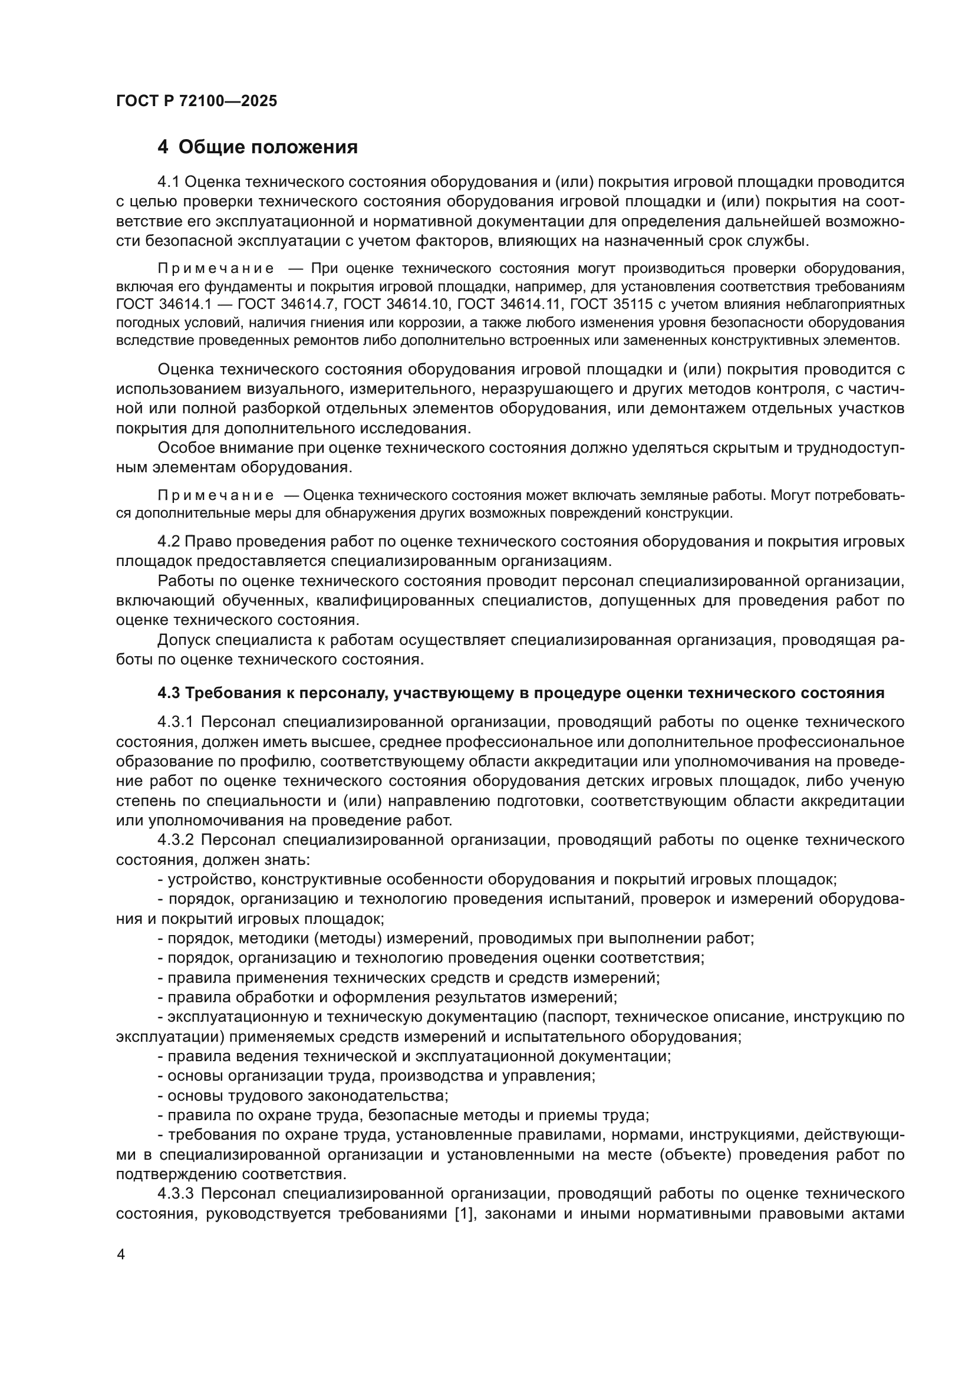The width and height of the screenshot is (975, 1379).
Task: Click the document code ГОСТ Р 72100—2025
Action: click(x=196, y=101)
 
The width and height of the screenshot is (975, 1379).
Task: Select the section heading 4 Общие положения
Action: click(x=258, y=147)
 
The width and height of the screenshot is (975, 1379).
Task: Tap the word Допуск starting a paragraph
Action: click(x=183, y=640)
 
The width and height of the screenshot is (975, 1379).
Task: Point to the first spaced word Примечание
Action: click(x=216, y=268)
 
